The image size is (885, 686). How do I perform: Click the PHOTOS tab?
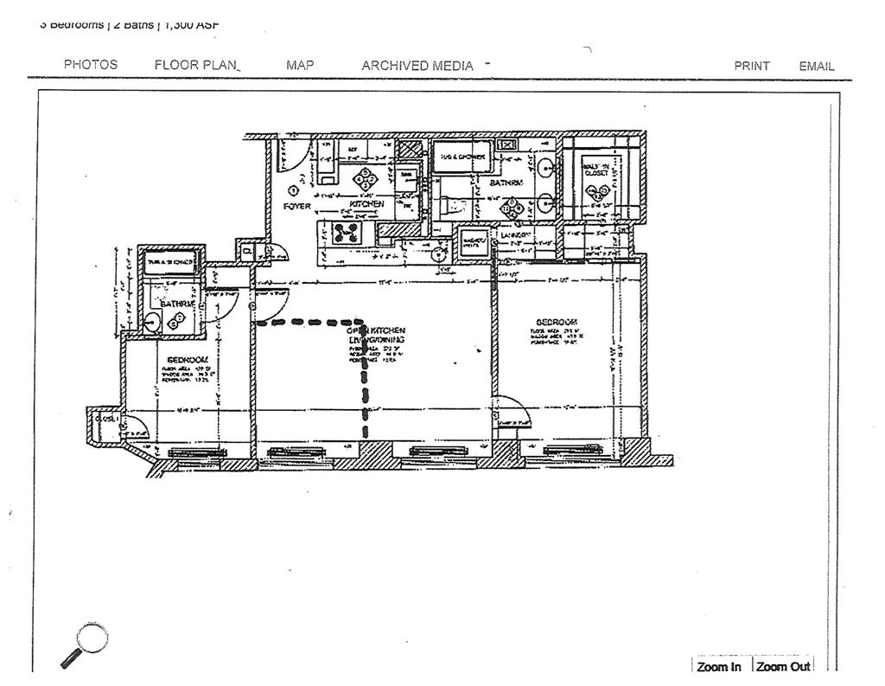[x=91, y=65]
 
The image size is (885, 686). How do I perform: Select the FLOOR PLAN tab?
[x=197, y=65]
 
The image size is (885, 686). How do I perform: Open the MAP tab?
[x=300, y=65]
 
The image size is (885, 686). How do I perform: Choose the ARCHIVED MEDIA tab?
[x=417, y=66]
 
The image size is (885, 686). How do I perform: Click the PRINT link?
[x=752, y=66]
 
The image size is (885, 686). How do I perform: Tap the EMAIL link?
[x=817, y=66]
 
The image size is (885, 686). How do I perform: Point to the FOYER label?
[x=297, y=206]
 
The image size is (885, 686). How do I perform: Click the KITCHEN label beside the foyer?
[x=366, y=204]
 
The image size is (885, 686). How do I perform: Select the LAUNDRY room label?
[x=516, y=234]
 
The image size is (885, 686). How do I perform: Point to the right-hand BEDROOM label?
[x=557, y=322]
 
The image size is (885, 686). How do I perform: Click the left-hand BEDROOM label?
[x=188, y=359]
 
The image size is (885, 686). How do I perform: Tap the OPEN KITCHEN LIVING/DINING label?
[x=376, y=335]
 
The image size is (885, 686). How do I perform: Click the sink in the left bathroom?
[x=152, y=322]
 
